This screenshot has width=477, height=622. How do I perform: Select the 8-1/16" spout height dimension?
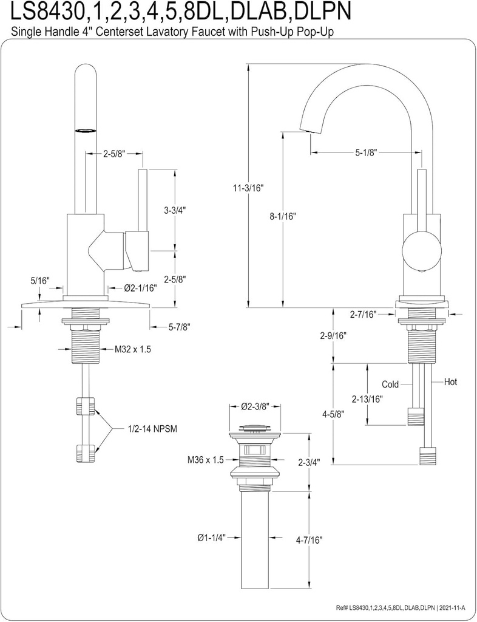click(x=282, y=216)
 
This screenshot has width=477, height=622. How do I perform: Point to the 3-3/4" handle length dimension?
click(x=175, y=210)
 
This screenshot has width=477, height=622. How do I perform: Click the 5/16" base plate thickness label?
click(x=39, y=281)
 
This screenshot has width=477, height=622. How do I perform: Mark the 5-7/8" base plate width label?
click(x=179, y=327)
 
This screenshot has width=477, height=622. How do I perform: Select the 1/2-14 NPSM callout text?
click(x=153, y=429)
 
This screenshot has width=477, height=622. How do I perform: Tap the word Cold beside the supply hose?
click(x=390, y=384)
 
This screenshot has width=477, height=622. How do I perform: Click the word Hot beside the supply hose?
click(x=450, y=382)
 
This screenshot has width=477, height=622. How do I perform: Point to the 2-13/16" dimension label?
click(x=367, y=399)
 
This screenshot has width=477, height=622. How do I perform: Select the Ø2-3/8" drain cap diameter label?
click(x=255, y=406)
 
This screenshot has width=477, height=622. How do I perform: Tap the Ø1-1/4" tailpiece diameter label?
click(x=211, y=537)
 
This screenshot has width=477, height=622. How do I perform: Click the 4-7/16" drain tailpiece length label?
click(x=308, y=539)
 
